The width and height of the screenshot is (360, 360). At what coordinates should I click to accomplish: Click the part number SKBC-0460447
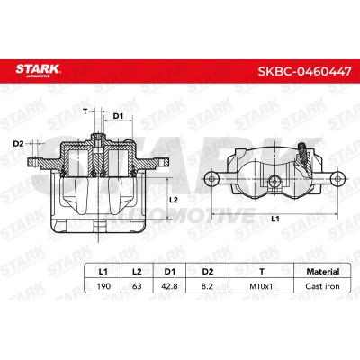pos(304,71)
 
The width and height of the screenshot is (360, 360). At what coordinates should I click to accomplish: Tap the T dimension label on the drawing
pos(85,112)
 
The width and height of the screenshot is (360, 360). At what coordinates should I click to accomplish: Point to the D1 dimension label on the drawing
pos(118,116)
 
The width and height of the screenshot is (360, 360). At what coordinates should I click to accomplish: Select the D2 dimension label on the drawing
pos(18,144)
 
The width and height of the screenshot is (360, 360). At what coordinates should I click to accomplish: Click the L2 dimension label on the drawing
pos(174,200)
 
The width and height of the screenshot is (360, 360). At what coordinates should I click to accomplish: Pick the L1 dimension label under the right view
pos(275,219)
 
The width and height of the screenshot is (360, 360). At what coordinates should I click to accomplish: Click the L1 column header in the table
pos(103,272)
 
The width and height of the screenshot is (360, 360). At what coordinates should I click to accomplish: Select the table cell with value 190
pos(103,286)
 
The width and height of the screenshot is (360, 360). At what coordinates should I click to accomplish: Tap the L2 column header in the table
pos(137,272)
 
